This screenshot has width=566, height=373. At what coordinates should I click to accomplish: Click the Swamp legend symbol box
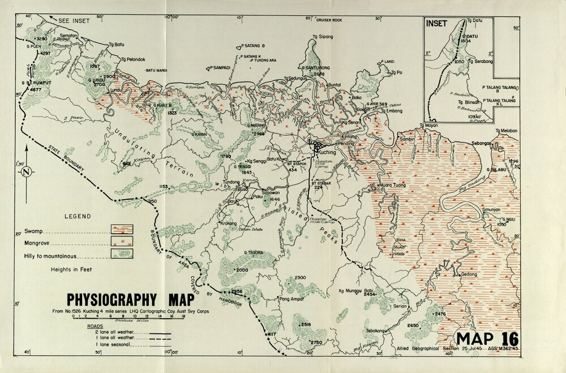(122, 229)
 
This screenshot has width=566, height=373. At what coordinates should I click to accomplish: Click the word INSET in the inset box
(437, 24)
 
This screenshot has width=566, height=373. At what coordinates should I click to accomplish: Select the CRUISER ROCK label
(329, 20)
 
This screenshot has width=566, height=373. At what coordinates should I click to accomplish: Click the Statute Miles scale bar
(128, 319)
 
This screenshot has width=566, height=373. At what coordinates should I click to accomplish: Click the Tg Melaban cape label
(507, 131)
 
